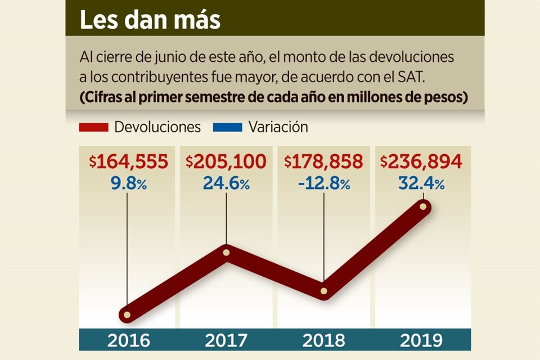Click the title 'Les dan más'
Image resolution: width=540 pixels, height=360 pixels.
(x=149, y=20)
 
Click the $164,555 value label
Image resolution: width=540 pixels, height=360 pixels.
(x=128, y=163)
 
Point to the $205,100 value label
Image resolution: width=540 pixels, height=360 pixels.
(x=226, y=163)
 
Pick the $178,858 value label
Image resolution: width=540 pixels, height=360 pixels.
(x=323, y=163)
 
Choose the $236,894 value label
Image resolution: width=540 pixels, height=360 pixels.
(x=421, y=163)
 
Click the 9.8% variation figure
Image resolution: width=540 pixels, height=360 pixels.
(x=128, y=183)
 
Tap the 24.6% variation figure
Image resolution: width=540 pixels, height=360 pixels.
(x=226, y=183)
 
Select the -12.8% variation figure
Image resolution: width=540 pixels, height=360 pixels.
(x=323, y=183)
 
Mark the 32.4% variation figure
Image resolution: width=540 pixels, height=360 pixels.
(x=421, y=183)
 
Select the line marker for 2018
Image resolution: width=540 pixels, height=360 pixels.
(x=324, y=291)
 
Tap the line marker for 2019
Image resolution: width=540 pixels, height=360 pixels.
(x=423, y=207)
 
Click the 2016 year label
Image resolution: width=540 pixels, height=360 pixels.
(x=128, y=340)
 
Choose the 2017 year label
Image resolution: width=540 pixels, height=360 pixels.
(x=226, y=340)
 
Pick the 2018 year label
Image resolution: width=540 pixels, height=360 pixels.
(x=323, y=340)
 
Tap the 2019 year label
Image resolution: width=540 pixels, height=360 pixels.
(x=421, y=340)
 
